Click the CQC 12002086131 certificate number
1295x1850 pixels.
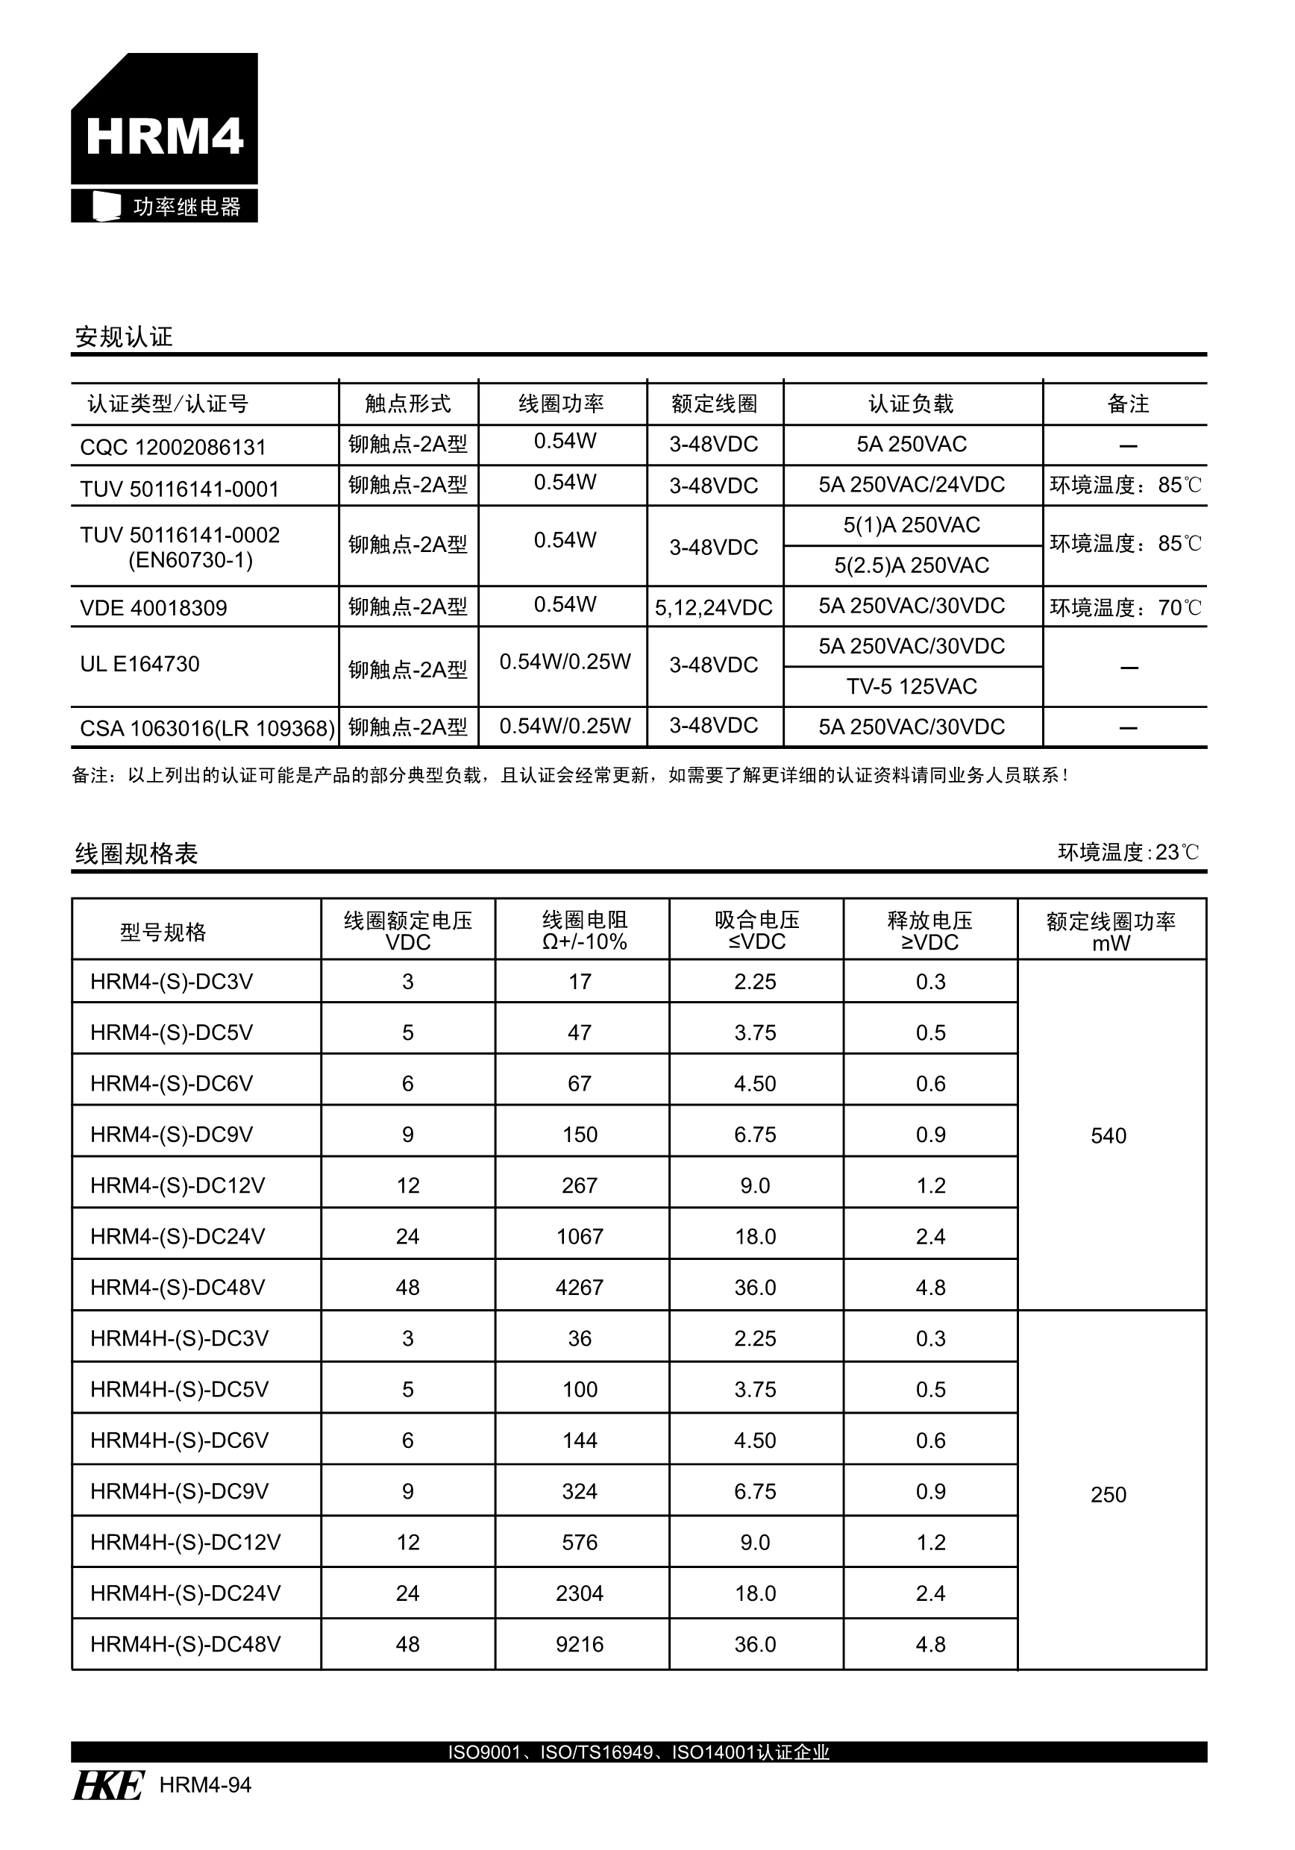click(x=172, y=447)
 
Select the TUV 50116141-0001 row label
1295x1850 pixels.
click(x=179, y=489)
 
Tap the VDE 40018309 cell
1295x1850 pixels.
click(x=153, y=607)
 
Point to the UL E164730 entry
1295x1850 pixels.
click(x=139, y=664)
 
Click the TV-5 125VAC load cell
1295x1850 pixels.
click(x=912, y=686)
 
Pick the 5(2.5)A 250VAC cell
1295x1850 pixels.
click(x=912, y=565)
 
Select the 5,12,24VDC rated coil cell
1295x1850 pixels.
click(x=713, y=607)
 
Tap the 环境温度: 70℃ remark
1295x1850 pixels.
click(x=1125, y=607)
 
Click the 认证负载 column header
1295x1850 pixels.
click(x=911, y=404)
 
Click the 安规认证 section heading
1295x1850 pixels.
click(x=123, y=336)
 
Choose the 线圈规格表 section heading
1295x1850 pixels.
click(x=137, y=853)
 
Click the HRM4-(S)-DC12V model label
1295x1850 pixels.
click(x=178, y=1185)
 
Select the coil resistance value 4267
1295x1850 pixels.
click(x=580, y=1288)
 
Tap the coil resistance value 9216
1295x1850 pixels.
click(x=580, y=1645)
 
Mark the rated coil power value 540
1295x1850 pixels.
click(x=1108, y=1136)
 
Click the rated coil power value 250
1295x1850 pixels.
click(x=1108, y=1495)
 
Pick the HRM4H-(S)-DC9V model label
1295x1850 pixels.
click(x=179, y=1491)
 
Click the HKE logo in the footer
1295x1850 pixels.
click(x=109, y=1785)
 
